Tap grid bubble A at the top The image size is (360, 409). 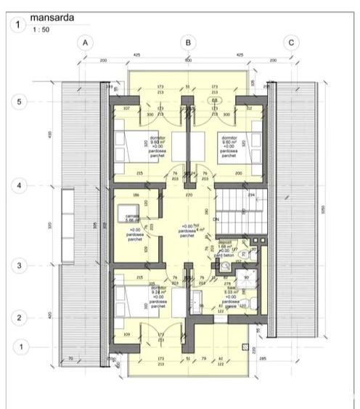pyautogui.click(x=85, y=43)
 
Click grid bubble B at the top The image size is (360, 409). pyautogui.click(x=188, y=43)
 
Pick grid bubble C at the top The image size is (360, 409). pyautogui.click(x=291, y=43)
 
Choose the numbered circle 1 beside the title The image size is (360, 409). pyautogui.click(x=17, y=25)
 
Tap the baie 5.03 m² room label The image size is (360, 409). pyautogui.click(x=230, y=292)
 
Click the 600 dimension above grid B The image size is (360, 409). pyautogui.click(x=188, y=60)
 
